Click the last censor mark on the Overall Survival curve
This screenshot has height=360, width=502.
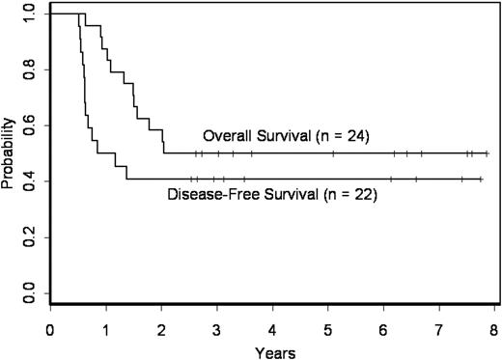[x=488, y=152]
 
